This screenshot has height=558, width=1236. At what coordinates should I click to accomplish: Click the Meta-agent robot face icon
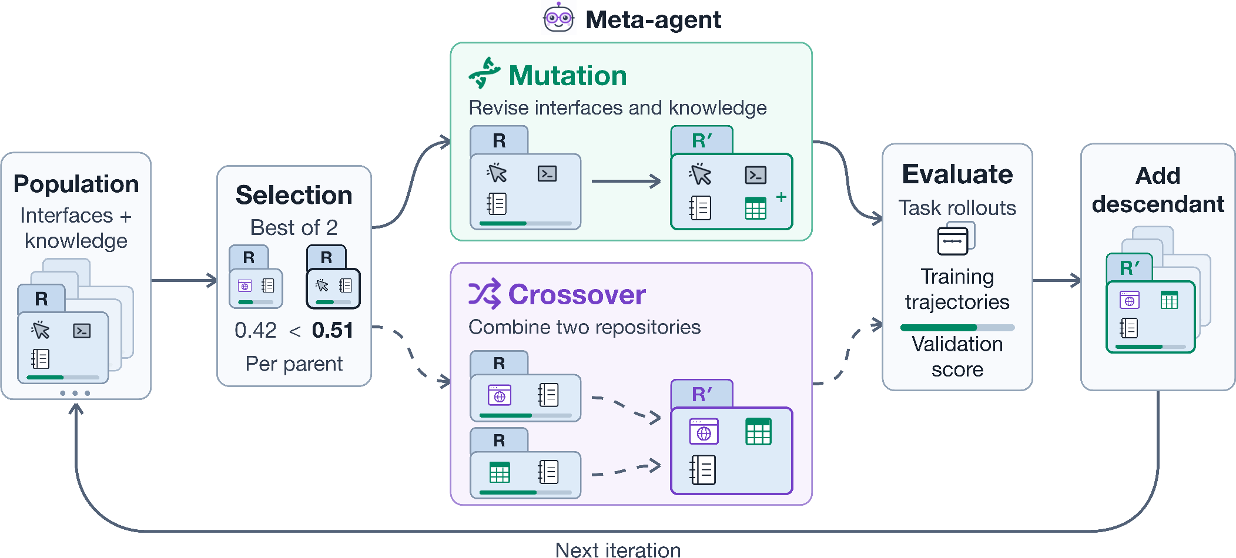(558, 18)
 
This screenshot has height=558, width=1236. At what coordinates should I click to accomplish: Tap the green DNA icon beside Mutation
(485, 73)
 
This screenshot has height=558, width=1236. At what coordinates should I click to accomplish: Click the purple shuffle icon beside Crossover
(484, 293)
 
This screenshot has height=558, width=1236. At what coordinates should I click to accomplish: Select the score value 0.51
(333, 330)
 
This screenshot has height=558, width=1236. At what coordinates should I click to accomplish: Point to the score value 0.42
(256, 330)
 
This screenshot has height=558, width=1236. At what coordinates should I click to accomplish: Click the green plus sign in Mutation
(781, 197)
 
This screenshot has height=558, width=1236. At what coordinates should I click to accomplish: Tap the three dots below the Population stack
(75, 393)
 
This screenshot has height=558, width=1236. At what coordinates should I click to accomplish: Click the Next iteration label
(618, 550)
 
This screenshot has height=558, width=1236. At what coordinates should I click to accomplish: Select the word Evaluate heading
(957, 174)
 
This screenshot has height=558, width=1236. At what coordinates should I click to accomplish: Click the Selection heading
(294, 195)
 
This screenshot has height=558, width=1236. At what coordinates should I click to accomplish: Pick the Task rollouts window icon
(956, 238)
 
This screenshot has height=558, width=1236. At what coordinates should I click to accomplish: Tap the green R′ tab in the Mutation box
(702, 140)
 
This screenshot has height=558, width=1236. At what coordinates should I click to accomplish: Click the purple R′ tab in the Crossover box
(702, 394)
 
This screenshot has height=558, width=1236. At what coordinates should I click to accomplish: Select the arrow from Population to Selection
(185, 280)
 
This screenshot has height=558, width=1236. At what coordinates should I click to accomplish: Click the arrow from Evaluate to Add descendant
(1057, 280)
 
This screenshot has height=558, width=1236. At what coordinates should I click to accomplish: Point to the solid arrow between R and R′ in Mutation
(627, 181)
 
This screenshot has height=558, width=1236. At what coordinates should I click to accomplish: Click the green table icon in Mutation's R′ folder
(756, 208)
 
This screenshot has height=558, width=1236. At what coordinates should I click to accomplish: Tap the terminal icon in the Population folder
(82, 331)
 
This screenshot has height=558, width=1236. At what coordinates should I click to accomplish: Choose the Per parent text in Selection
(294, 364)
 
